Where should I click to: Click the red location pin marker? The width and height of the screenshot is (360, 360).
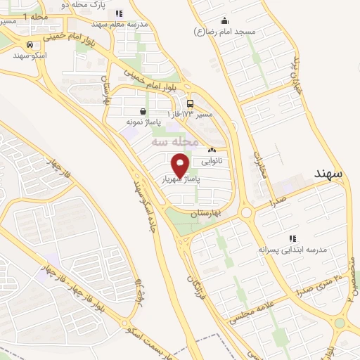pyautogui.click(x=181, y=167)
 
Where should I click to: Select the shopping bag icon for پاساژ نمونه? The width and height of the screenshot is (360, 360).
pyautogui.click(x=143, y=111)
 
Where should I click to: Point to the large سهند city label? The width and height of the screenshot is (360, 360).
pyautogui.click(x=328, y=172)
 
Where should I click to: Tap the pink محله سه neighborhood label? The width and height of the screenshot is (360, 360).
pyautogui.click(x=169, y=142)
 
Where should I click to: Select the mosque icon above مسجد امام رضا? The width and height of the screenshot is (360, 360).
pyautogui.click(x=224, y=20)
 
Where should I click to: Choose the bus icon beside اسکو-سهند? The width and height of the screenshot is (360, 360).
pyautogui.click(x=29, y=44)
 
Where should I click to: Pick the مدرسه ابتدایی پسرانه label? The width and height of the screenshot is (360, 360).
pyautogui.click(x=292, y=250)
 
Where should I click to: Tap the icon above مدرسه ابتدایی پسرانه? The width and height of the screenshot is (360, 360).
pyautogui.click(x=292, y=239)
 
